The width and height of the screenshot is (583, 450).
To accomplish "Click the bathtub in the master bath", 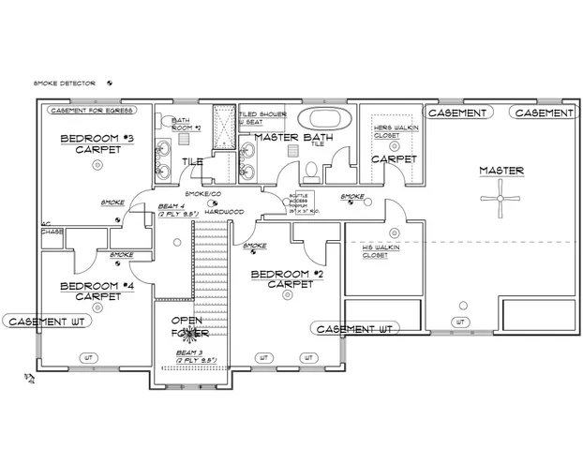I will (324, 119).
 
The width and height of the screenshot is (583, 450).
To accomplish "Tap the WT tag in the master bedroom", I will (459, 322).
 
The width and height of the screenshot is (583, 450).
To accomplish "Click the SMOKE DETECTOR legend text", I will (66, 83).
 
